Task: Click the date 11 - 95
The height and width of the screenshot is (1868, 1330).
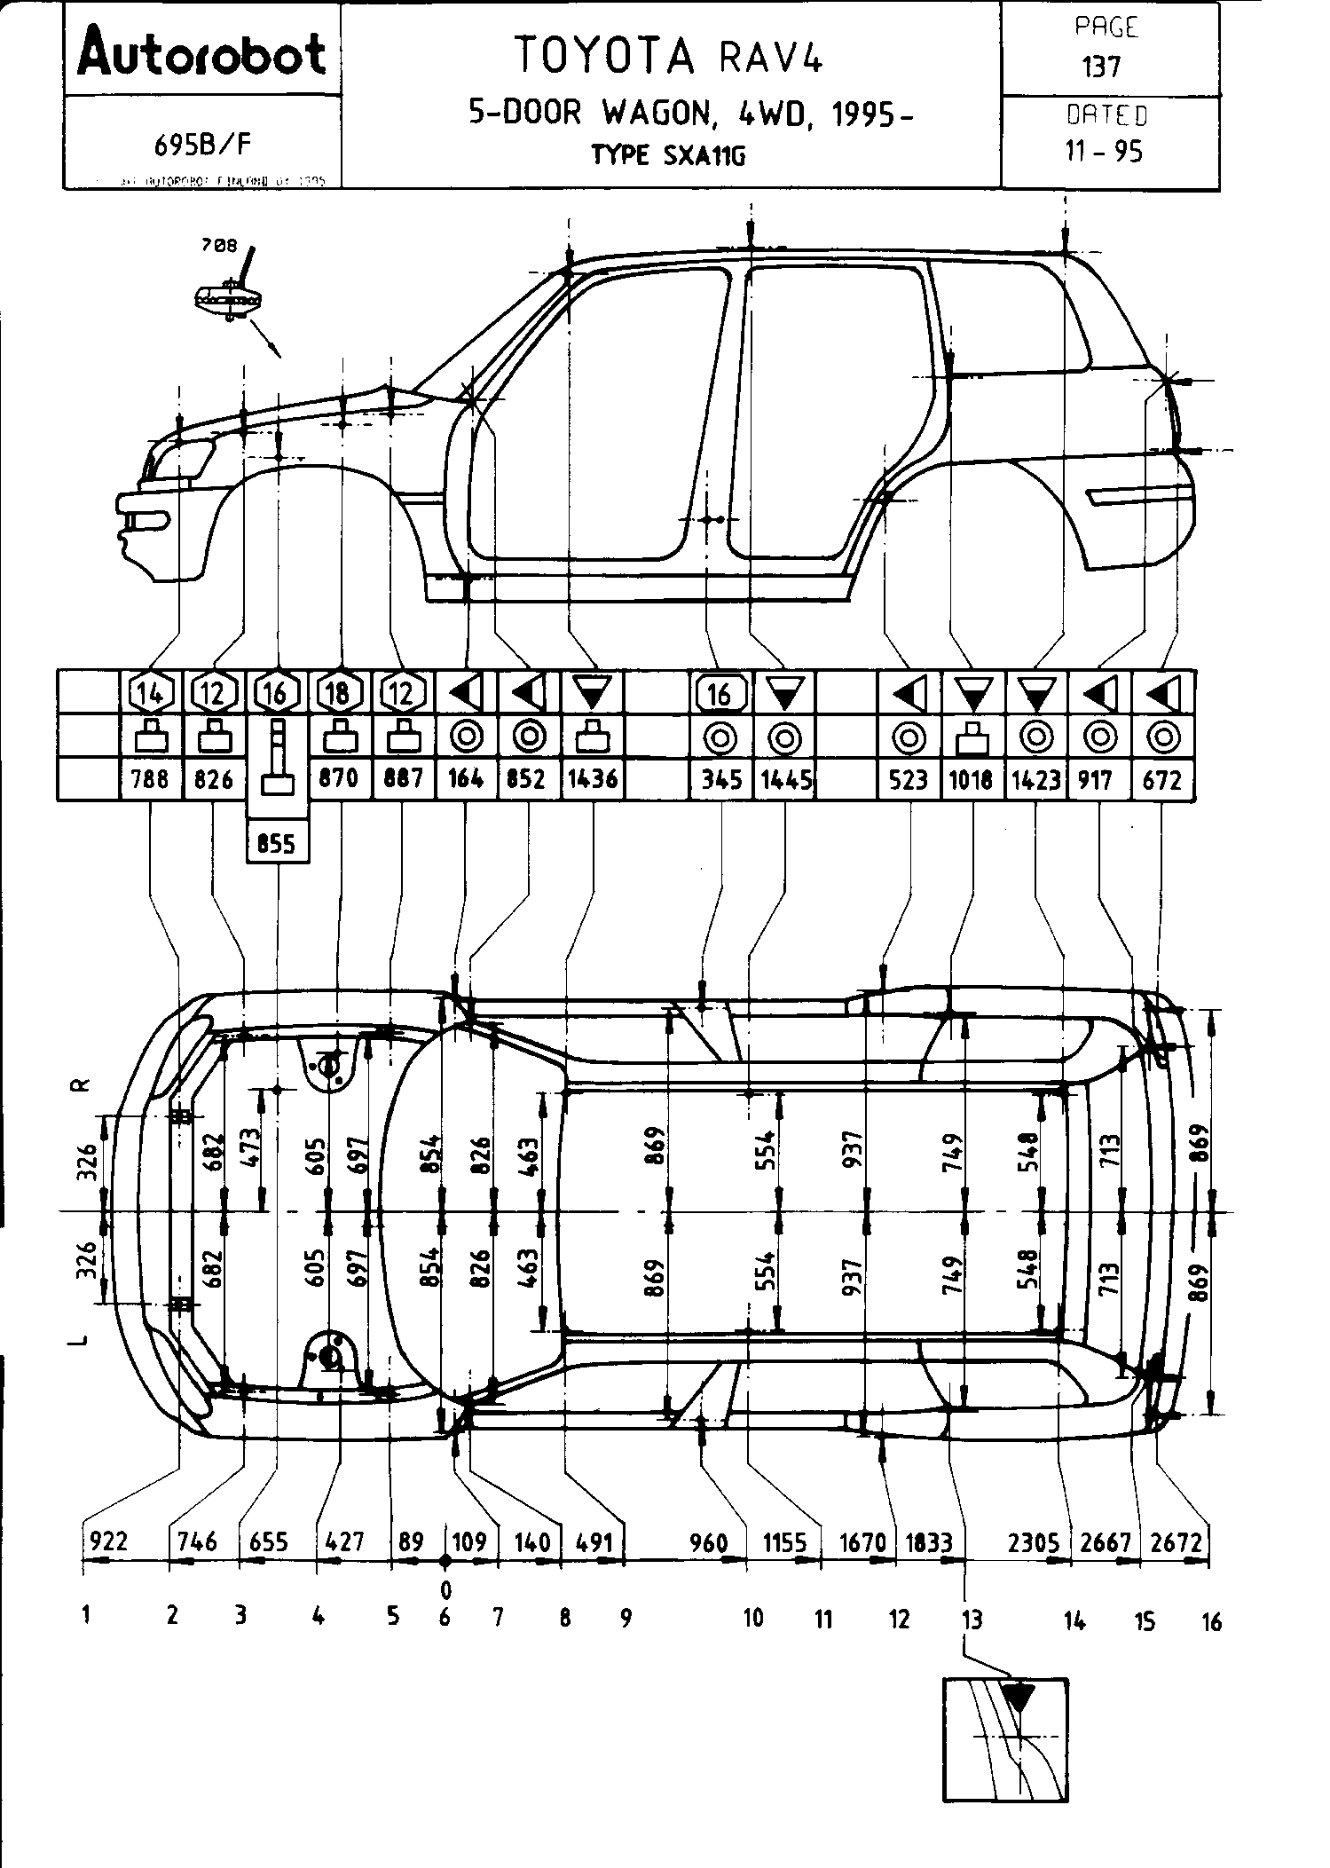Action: coord(1104,152)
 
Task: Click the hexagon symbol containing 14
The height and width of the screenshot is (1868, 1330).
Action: coord(150,693)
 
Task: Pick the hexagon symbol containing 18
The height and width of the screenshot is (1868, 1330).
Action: coord(338,693)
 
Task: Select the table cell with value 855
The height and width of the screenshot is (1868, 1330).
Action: coord(276,843)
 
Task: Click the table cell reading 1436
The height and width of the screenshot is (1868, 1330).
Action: coord(592,779)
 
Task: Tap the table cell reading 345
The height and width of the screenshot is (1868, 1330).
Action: coord(721,779)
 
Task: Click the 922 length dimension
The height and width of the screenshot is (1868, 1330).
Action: coord(107,1541)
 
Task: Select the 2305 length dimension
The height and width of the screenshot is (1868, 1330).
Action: coord(1035,1541)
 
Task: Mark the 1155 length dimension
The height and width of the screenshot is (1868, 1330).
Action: coord(786,1541)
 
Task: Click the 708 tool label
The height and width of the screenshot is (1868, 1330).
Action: coord(218,246)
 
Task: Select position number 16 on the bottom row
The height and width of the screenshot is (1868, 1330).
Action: coord(1211,1622)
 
